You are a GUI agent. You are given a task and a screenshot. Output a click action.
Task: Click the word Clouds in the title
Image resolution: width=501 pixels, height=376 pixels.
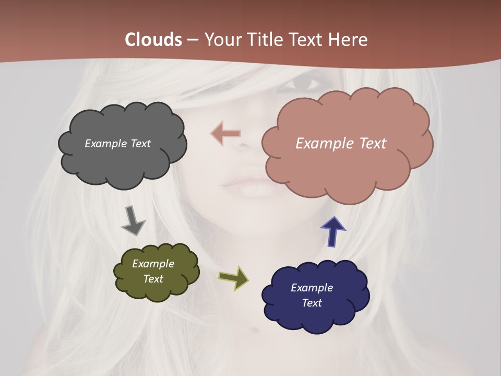pyautogui.click(x=153, y=40)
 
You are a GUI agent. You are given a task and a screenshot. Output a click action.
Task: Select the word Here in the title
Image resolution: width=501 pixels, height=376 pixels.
pyautogui.click(x=349, y=40)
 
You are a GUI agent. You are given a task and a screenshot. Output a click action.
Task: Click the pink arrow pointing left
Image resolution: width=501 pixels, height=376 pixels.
pyautogui.click(x=225, y=134)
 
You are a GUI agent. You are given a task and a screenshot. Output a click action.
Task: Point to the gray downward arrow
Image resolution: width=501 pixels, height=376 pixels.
pyautogui.click(x=133, y=220)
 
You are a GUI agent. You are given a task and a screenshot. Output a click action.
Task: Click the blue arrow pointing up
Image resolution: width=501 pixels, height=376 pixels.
pyautogui.click(x=332, y=231)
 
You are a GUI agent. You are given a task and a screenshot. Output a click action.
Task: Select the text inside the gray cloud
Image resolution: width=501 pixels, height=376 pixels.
pyautogui.click(x=117, y=144)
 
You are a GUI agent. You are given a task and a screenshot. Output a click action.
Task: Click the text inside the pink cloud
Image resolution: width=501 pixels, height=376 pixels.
pyautogui.click(x=341, y=143)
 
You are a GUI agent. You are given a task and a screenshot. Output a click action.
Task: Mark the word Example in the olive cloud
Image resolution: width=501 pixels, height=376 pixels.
pyautogui.click(x=153, y=264)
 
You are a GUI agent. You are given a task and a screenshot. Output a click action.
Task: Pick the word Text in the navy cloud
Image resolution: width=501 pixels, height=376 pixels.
pyautogui.click(x=312, y=303)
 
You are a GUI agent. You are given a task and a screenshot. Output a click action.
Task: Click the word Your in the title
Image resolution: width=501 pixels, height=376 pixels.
pyautogui.click(x=223, y=40)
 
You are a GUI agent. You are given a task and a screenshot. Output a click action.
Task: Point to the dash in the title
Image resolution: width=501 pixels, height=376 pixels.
pyautogui.click(x=192, y=40)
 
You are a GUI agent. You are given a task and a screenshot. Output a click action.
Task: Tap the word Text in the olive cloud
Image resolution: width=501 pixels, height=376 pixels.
pyautogui.click(x=153, y=279)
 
